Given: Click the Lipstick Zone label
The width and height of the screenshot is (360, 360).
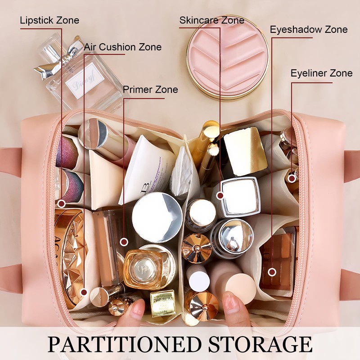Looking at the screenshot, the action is (x=49, y=20).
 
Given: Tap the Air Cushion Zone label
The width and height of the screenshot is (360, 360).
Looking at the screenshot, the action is (x=122, y=47).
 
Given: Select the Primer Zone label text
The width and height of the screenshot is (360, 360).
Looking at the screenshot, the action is (x=150, y=89).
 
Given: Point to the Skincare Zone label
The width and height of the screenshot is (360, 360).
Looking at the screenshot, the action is (x=211, y=20).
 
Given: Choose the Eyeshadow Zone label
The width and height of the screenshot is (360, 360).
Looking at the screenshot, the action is (x=309, y=30).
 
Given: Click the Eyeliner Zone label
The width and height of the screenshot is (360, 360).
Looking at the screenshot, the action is (x=321, y=73).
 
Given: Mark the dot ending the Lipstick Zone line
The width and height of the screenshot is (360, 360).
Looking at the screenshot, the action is (x=62, y=204).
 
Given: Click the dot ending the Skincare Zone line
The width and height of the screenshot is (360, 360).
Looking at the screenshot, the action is (x=220, y=196).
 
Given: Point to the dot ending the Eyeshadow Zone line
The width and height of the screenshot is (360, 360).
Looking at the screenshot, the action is (x=272, y=272).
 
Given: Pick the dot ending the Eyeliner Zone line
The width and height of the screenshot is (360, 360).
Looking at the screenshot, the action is (x=292, y=178).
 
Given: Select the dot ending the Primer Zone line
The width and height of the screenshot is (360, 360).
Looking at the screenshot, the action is (x=124, y=242).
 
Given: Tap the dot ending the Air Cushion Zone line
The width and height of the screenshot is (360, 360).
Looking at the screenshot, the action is (x=84, y=292).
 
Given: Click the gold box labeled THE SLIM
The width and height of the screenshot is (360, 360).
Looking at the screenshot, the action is (x=162, y=303).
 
